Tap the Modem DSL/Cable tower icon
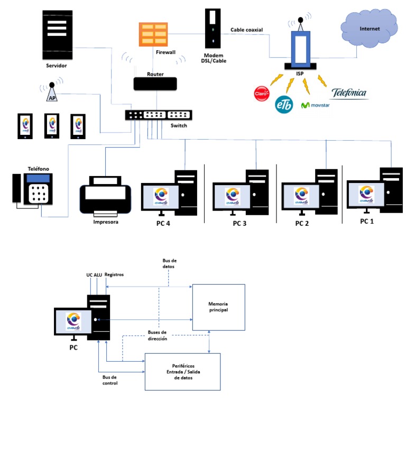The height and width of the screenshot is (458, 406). coord(212,29)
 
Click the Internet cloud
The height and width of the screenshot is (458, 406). coord(369,29)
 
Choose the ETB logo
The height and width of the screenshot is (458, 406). coord(284,104)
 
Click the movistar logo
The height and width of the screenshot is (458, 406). coord(319,105)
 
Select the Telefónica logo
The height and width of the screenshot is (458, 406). coord(349,93)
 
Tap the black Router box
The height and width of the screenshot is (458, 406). coord(155,83)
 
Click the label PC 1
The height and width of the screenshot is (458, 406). coord(367,221)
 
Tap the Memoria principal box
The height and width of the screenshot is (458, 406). coord(218,307)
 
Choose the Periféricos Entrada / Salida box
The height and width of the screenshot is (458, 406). coord(182,372)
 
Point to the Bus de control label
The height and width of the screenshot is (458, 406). coord(110,380)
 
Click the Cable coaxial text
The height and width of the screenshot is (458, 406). coord(246,30)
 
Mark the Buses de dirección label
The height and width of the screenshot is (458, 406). coord(158,335)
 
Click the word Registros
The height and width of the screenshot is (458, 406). coord(114,274)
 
